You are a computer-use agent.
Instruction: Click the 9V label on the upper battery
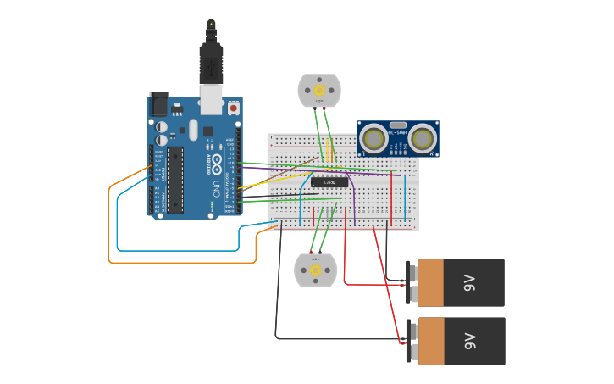470,282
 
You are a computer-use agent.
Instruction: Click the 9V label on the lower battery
470,341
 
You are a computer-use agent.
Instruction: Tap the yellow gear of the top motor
319,90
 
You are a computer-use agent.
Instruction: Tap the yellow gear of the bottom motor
315,270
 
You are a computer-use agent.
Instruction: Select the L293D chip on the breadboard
329,182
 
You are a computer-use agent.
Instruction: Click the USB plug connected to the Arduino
211,64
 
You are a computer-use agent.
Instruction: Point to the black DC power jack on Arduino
158,104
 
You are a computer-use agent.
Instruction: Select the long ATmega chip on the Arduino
175,179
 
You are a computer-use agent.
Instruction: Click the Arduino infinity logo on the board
217,161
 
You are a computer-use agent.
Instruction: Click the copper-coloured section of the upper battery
430,282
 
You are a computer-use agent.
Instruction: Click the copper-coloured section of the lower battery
430,341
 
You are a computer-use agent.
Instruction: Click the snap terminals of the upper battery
412,282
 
